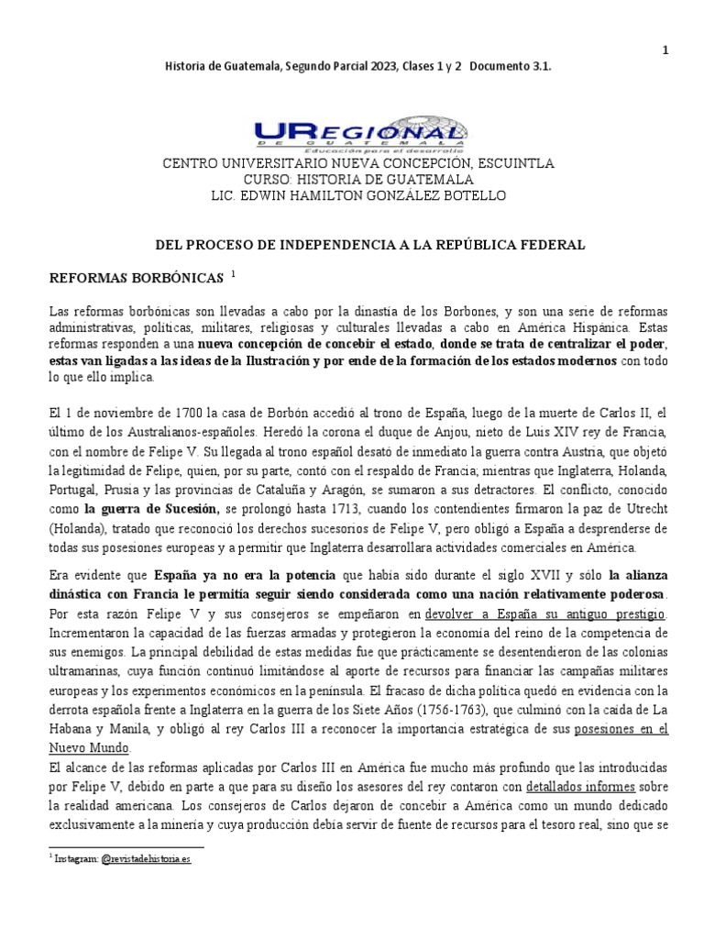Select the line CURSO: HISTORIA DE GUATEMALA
coord(357,180)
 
